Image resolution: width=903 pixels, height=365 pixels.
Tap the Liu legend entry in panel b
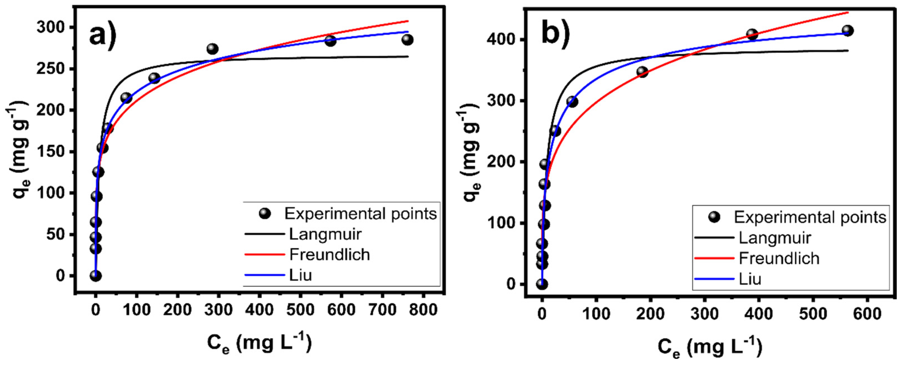pyautogui.click(x=750, y=279)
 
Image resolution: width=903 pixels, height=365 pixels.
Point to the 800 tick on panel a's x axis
pyautogui.click(x=423, y=310)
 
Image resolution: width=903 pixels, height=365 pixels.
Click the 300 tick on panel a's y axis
pyautogui.click(x=51, y=27)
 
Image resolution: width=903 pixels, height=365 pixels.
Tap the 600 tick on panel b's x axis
pyautogui.click(x=867, y=313)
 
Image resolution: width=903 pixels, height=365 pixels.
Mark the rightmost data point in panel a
pyautogui.click(x=407, y=40)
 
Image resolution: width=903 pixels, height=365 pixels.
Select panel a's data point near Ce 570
pyautogui.click(x=330, y=41)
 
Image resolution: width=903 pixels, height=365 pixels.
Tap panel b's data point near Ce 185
pyautogui.click(x=642, y=72)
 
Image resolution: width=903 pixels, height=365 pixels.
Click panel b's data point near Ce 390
pyautogui.click(x=752, y=34)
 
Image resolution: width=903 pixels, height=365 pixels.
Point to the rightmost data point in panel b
pyautogui.click(x=847, y=31)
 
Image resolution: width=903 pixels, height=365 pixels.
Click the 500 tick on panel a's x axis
pyautogui.click(x=300, y=310)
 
